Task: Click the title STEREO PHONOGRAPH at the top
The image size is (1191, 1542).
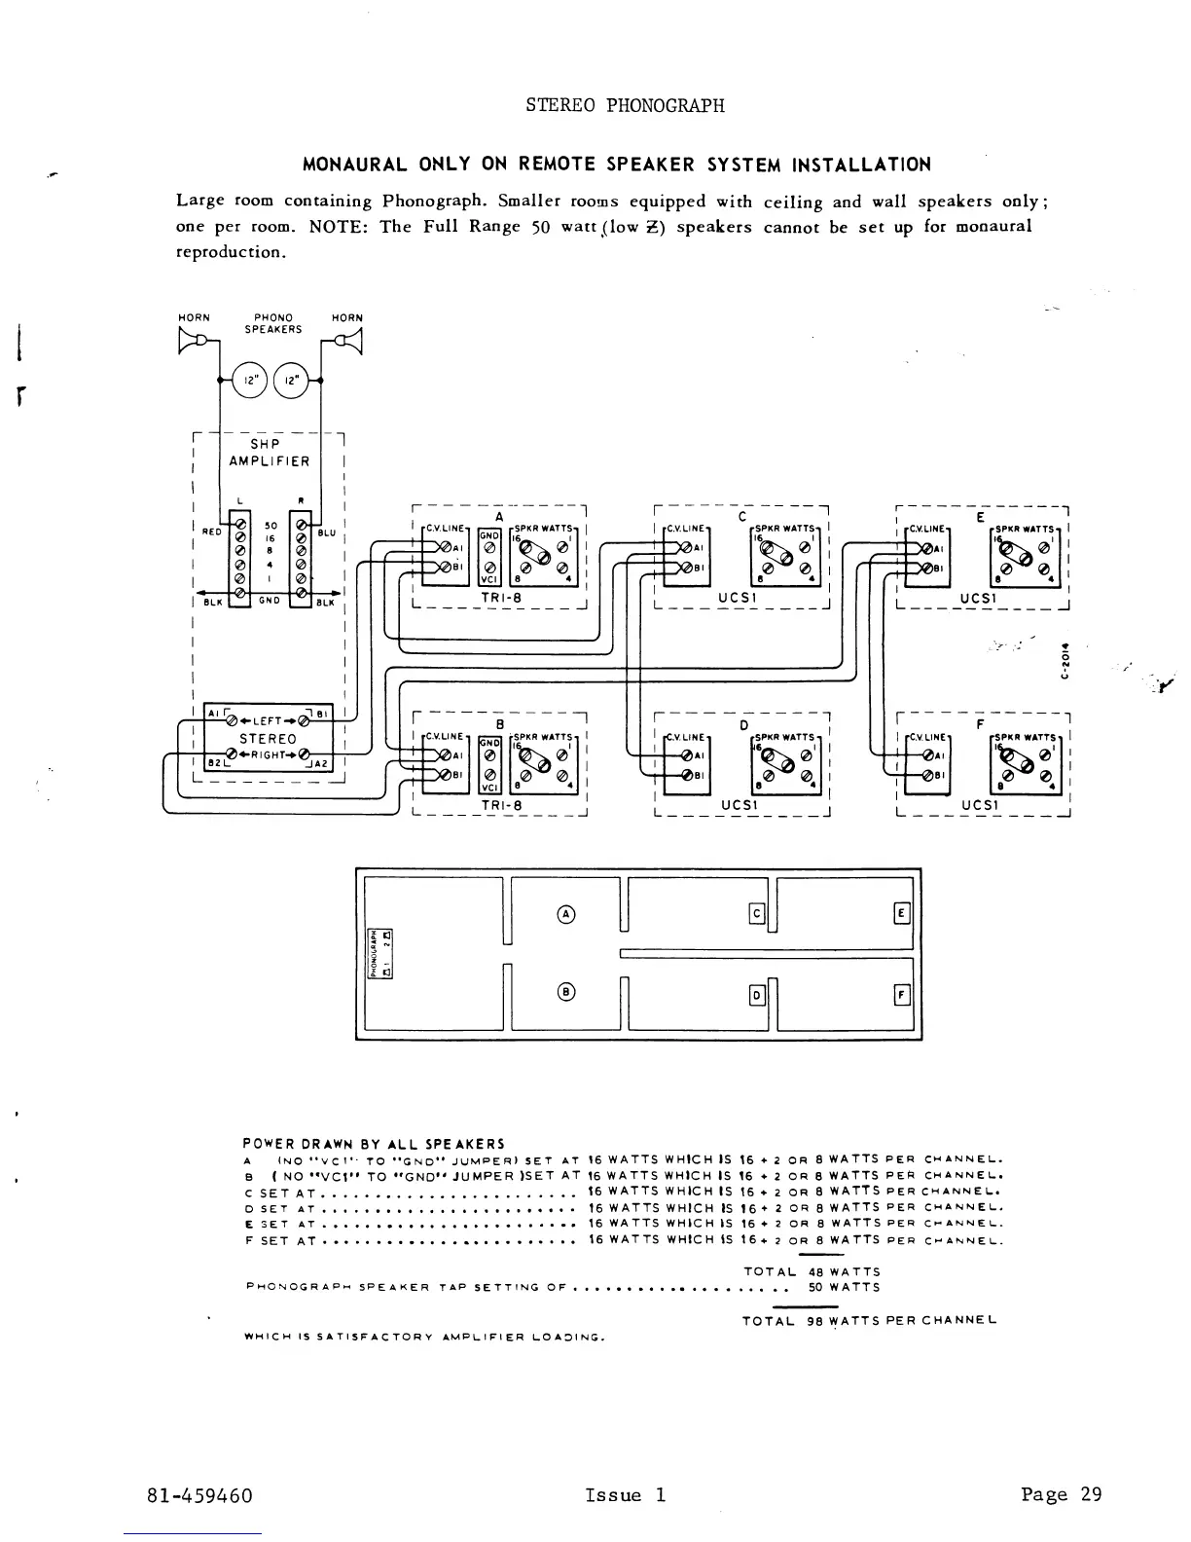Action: (625, 105)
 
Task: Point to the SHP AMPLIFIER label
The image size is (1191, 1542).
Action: (270, 453)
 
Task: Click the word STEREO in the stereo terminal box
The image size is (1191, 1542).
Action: (268, 739)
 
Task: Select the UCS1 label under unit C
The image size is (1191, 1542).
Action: (738, 598)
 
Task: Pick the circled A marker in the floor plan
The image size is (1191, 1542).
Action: (565, 913)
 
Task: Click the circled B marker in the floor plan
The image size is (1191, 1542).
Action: (565, 992)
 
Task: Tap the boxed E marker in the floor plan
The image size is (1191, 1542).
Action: (901, 913)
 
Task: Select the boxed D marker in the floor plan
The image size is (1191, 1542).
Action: (756, 995)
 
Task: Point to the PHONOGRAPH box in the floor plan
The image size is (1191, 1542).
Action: (373, 953)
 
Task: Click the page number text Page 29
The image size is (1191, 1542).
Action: (1062, 1494)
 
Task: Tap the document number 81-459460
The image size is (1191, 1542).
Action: (199, 1495)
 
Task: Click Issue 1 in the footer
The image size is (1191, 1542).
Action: (626, 1495)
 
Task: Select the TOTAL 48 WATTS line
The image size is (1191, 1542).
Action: (812, 1271)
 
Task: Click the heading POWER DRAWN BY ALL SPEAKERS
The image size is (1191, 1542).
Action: (374, 1144)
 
